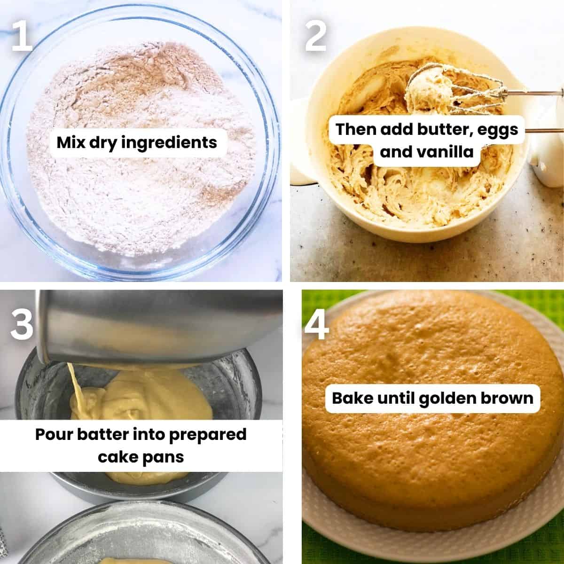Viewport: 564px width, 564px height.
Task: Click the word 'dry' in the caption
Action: [x=100, y=142]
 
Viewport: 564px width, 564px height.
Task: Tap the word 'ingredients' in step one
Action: [x=169, y=142]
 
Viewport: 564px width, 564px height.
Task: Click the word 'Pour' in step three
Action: [x=55, y=434]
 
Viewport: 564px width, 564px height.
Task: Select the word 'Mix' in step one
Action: [x=72, y=142]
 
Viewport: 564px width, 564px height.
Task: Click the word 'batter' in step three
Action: [x=107, y=434]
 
